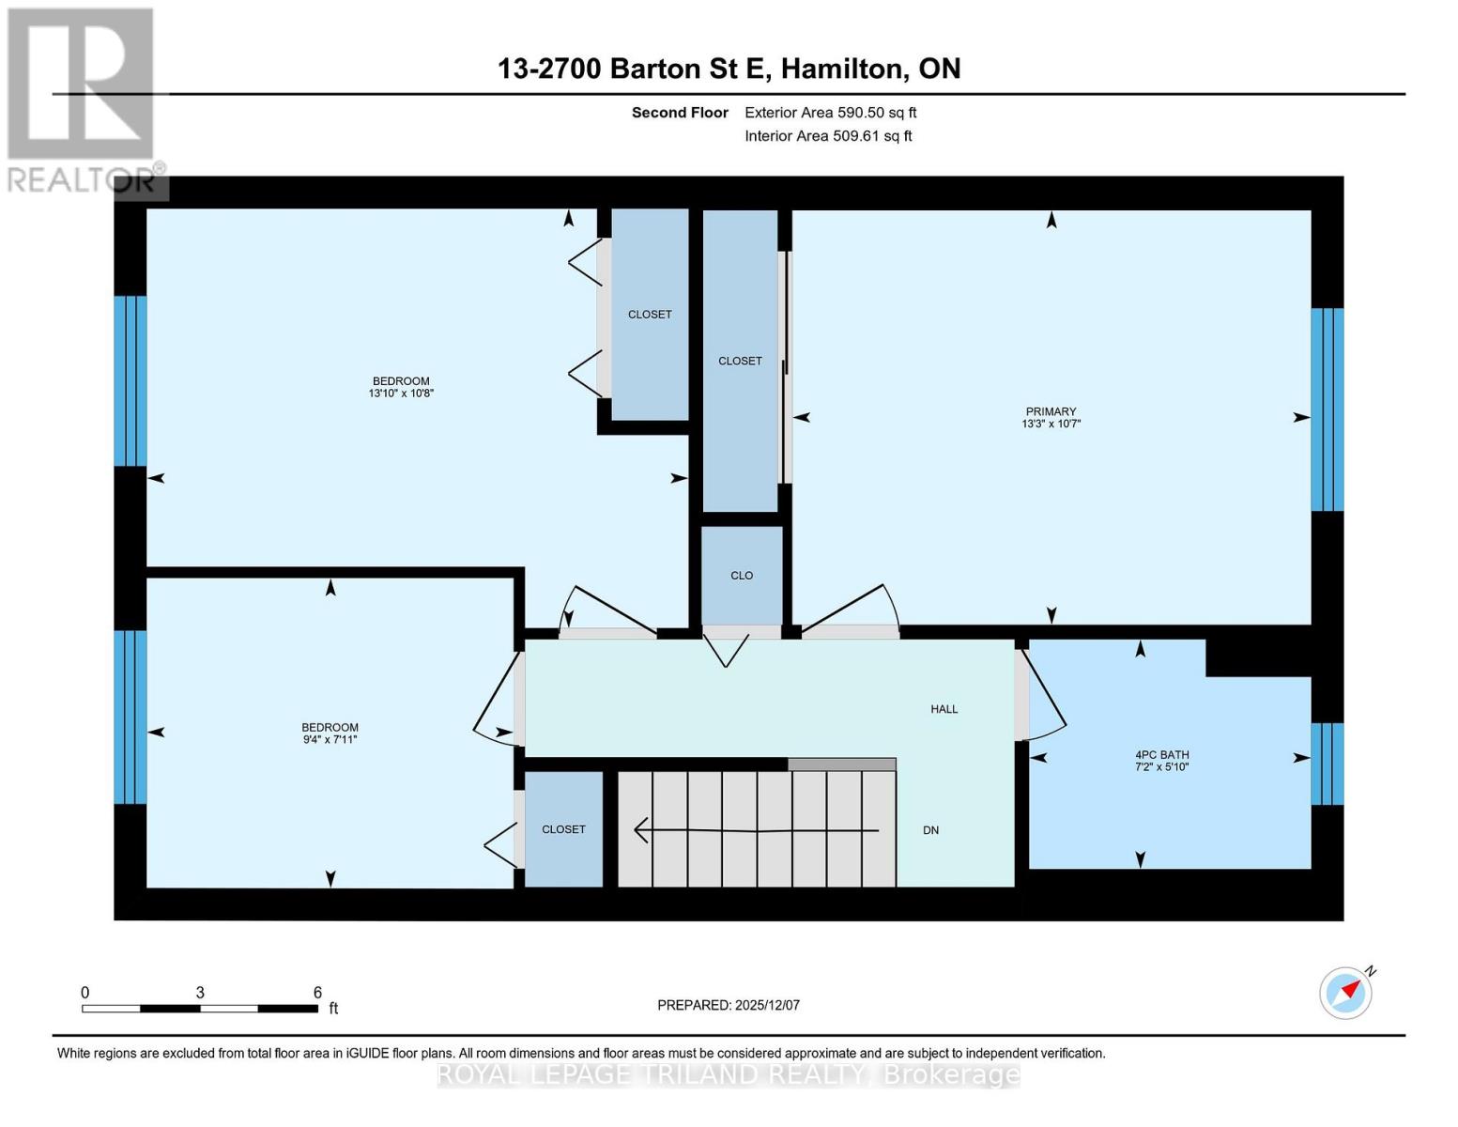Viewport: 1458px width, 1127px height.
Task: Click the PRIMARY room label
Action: pos(1051,411)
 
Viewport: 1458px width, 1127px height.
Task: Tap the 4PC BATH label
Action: pos(1161,754)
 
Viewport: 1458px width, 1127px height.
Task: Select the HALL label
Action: pos(944,709)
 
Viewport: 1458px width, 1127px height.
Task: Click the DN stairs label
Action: pos(930,830)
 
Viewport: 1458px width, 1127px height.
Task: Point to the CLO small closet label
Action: pos(742,576)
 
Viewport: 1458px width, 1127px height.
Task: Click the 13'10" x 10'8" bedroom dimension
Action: pos(401,394)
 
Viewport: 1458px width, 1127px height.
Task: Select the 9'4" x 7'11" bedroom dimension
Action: pos(330,739)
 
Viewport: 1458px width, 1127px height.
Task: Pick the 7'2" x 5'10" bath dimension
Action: pos(1161,766)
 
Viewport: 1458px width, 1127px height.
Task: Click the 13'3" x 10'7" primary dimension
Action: pos(1051,424)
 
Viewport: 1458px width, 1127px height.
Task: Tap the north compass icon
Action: pos(1346,992)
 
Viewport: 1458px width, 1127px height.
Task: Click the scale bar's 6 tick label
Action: pos(317,993)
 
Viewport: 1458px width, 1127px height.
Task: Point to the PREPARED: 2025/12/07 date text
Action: pos(729,1005)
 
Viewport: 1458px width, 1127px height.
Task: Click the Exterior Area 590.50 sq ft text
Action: pos(830,113)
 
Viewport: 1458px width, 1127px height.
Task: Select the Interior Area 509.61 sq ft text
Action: pos(828,136)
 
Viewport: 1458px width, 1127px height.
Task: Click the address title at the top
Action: pos(729,69)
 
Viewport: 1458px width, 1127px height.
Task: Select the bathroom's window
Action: pos(1327,764)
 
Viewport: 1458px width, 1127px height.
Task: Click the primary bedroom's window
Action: pos(1327,409)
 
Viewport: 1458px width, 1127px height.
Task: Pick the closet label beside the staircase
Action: pos(563,829)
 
